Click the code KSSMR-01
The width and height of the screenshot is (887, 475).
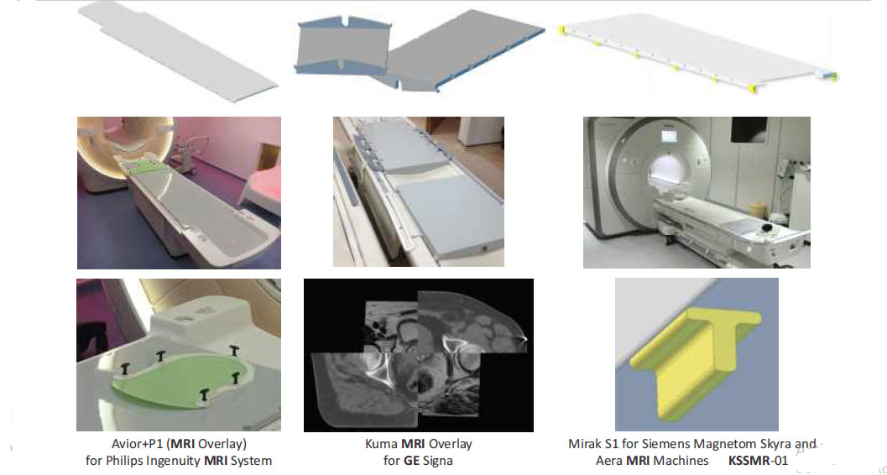pyautogui.click(x=758, y=460)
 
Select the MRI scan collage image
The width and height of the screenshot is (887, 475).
pyautogui.click(x=418, y=355)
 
